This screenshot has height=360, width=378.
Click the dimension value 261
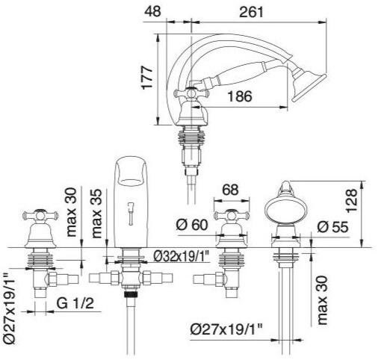[x=251, y=11]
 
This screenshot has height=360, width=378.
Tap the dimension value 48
[x=152, y=11]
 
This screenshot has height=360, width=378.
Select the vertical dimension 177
[x=147, y=77]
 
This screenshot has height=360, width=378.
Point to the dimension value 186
[x=240, y=96]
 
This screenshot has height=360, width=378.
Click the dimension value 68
[x=230, y=190]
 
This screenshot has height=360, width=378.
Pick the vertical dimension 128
[x=352, y=201]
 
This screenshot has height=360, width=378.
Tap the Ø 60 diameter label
[x=192, y=225]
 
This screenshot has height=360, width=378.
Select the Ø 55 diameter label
[x=332, y=227]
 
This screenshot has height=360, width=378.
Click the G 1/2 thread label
[x=75, y=303]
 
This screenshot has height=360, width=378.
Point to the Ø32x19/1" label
[x=182, y=256]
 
